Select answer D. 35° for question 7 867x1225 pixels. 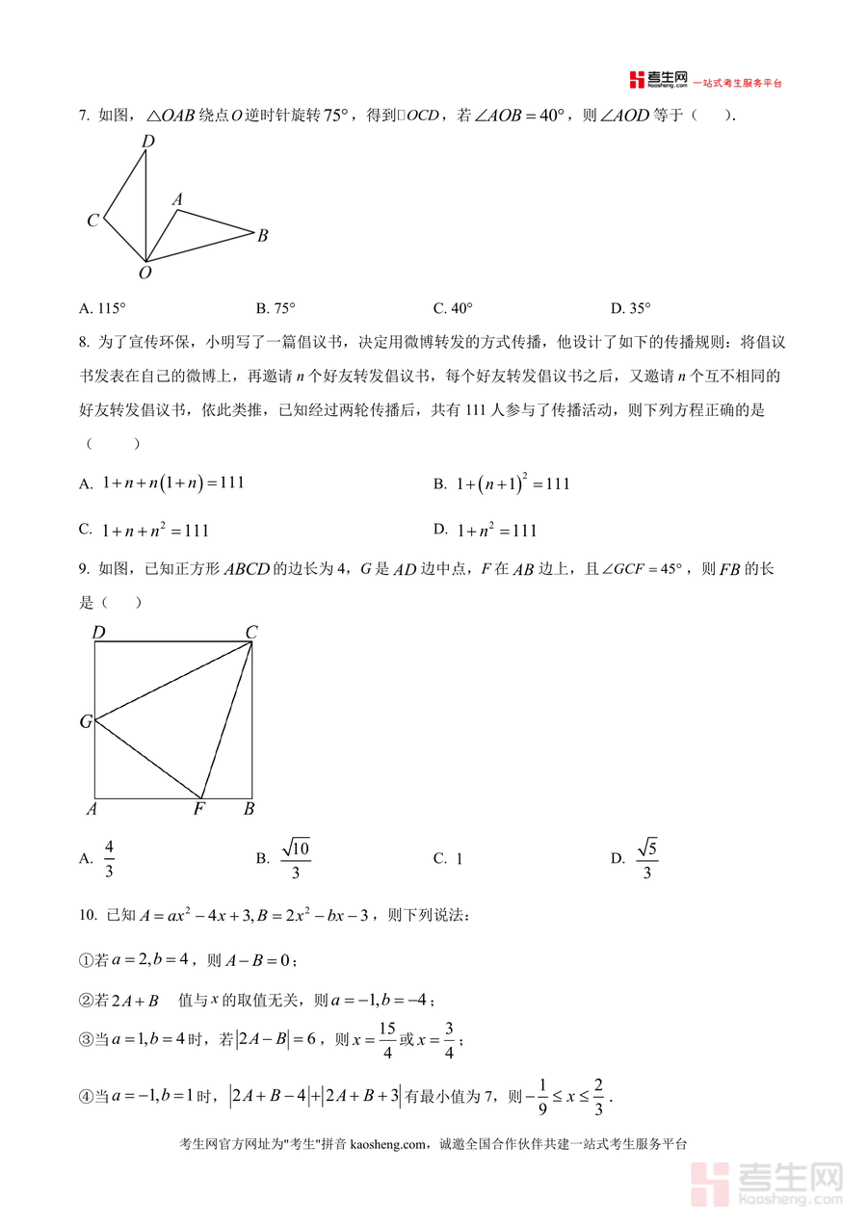(631, 308)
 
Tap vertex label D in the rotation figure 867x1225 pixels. (148, 142)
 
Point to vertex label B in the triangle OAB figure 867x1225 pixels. (262, 235)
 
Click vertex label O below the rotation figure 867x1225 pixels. (145, 274)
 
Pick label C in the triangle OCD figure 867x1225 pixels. (92, 221)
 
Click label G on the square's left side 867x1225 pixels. (86, 721)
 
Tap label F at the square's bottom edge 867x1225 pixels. (198, 809)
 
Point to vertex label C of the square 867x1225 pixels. (250, 632)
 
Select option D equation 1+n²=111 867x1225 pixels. (496, 530)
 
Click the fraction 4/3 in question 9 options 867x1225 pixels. (109, 858)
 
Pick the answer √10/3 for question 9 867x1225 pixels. (296, 858)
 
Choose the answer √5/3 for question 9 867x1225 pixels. (646, 858)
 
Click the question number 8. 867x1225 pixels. (84, 342)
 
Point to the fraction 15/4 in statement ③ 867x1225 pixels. (386, 1041)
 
